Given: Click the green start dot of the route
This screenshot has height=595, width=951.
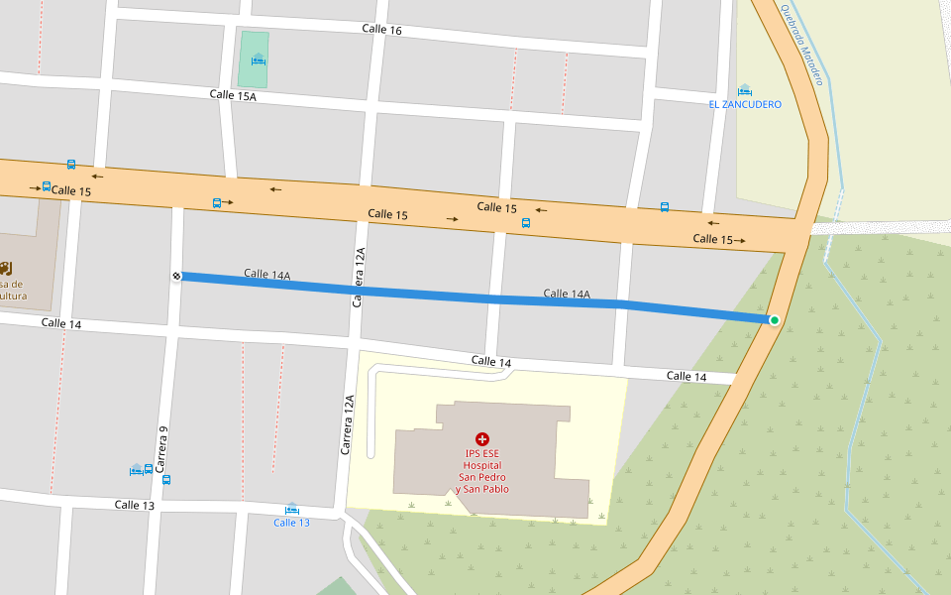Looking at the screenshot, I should click(775, 319).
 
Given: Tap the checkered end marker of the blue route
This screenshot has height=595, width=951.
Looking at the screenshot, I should click(176, 276).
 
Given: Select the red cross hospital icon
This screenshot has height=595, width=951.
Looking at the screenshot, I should click(482, 438).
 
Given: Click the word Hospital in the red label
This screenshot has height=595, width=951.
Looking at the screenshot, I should click(482, 464).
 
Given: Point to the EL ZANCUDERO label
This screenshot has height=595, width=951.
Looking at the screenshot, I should click(745, 104).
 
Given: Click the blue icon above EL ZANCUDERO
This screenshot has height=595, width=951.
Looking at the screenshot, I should click(745, 90).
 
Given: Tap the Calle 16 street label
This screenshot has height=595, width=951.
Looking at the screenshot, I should click(381, 30).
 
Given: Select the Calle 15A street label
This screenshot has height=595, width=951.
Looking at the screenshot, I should click(233, 95).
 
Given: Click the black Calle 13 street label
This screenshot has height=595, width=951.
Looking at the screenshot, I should click(134, 505).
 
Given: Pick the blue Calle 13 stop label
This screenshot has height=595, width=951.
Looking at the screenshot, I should click(291, 523).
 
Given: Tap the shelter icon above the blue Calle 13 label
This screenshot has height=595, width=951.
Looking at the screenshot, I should click(291, 509).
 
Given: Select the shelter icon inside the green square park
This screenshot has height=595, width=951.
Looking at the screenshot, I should click(259, 59).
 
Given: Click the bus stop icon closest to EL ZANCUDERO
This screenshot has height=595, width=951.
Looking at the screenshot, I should click(665, 207).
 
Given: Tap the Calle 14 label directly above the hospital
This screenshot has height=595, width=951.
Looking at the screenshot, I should click(491, 362).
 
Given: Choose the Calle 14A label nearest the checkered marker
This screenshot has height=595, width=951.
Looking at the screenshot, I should click(267, 275).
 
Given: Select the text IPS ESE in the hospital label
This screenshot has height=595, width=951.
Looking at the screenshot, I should click(482, 454).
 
